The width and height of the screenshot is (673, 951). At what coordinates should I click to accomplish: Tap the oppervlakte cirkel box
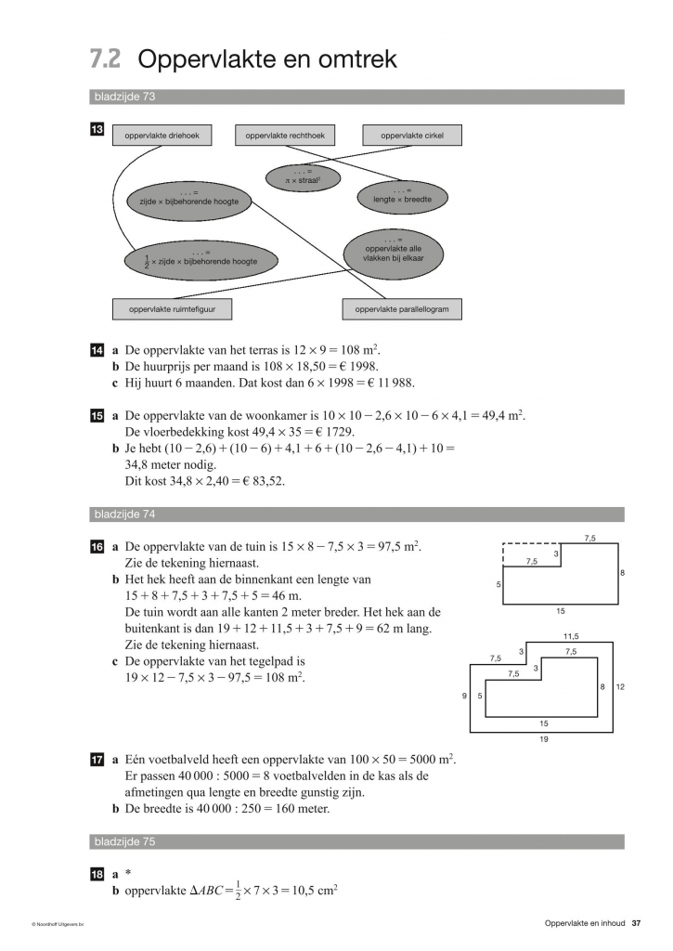(412, 136)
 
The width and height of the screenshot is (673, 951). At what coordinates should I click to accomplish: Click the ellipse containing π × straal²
(304, 176)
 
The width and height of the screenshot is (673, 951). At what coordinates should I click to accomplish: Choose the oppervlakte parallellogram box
(402, 308)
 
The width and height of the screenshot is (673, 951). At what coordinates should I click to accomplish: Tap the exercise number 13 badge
(97, 132)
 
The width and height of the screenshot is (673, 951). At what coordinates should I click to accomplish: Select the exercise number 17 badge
(97, 759)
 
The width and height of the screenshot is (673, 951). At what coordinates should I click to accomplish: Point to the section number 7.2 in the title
(106, 59)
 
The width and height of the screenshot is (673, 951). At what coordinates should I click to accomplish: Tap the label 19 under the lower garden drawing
(543, 739)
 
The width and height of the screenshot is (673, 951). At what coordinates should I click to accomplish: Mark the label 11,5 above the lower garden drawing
(570, 636)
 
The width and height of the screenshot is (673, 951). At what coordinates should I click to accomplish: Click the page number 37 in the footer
(636, 922)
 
